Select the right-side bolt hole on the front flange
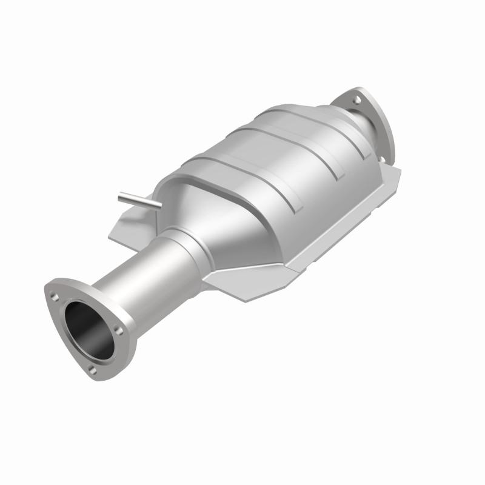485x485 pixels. (x=119, y=331)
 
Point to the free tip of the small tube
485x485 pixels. (x=120, y=195)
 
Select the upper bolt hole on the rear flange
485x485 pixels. (x=357, y=99)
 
